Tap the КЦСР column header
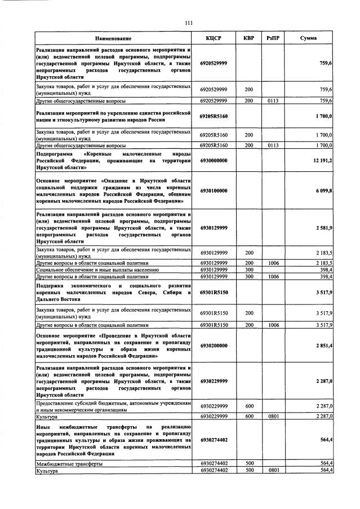pos(214,38)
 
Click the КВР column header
pos(248,38)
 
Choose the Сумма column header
pos(308,38)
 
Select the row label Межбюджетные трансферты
pos(69,463)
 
